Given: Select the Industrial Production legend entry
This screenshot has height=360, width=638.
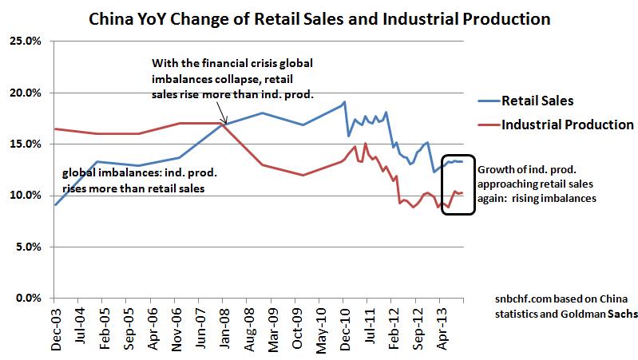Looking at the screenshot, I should (567, 125).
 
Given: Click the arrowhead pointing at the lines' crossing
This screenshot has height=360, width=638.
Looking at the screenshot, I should (225, 122).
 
